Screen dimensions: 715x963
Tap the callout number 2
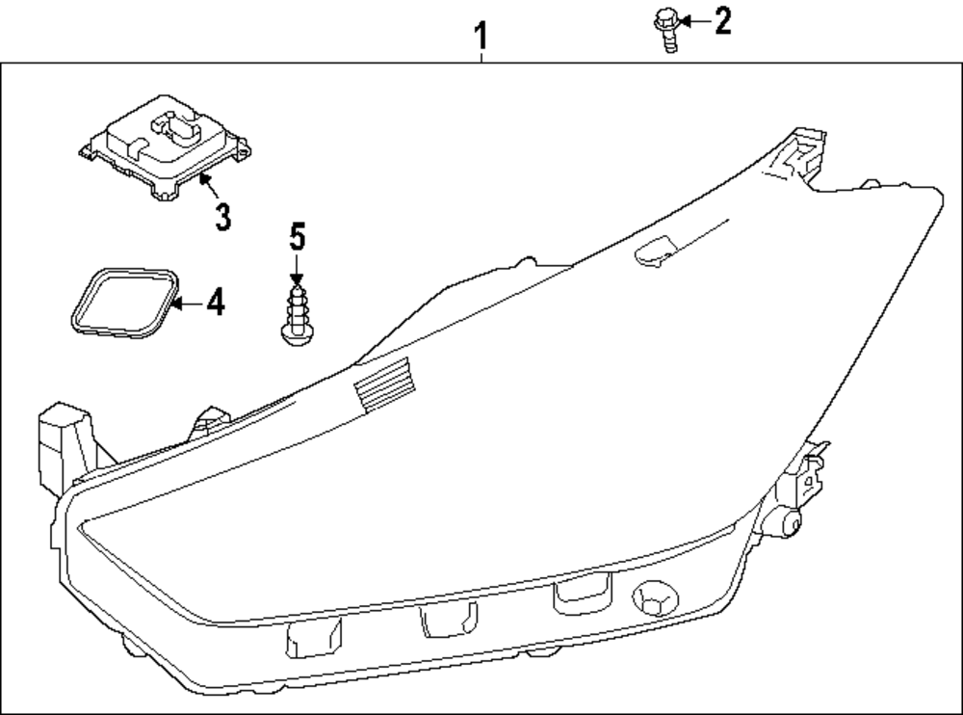click(721, 20)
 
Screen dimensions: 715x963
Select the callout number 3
click(222, 217)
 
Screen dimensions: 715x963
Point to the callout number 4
click(216, 303)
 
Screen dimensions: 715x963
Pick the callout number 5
click(297, 234)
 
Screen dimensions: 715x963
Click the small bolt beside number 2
click(666, 26)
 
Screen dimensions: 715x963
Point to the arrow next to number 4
click(189, 303)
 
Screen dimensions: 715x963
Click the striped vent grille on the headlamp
click(383, 383)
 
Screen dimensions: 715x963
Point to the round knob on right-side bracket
click(792, 523)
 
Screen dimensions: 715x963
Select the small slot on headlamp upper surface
click(660, 250)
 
